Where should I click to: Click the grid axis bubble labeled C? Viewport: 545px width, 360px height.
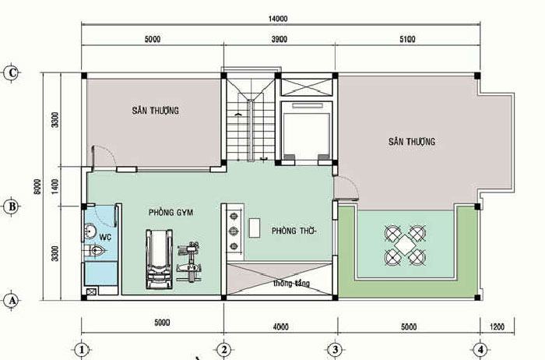(12, 73)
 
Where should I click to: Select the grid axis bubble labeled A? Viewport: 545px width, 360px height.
(12, 300)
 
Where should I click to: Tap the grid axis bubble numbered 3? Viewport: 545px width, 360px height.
(335, 350)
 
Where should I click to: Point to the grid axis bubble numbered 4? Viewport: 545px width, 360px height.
(480, 350)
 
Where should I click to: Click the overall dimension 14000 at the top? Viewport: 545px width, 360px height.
(278, 19)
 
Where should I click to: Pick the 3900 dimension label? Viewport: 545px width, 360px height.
(280, 39)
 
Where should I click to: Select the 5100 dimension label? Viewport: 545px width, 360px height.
(407, 39)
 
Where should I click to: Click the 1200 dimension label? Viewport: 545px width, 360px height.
(497, 326)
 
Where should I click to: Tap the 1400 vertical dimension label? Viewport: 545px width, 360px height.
(55, 187)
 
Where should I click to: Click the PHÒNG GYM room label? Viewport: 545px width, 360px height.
(171, 212)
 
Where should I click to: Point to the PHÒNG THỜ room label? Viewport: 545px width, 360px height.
(294, 231)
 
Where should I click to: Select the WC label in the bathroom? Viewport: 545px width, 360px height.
(105, 237)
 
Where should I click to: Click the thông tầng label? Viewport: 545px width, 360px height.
(291, 284)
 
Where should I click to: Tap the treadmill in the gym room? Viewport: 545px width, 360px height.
(159, 259)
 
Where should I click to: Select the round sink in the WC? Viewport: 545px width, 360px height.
(91, 231)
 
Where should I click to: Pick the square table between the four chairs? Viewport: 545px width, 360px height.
(405, 245)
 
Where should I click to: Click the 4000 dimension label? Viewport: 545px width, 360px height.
(281, 326)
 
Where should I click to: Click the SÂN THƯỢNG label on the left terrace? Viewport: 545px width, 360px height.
(156, 111)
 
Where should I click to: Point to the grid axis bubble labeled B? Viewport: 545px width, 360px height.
(12, 206)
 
